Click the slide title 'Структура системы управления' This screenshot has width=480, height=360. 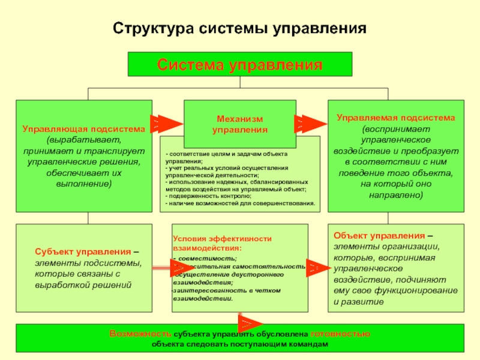[x=239, y=29]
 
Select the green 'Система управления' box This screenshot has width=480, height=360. [x=239, y=64]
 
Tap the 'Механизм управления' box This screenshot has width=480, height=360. [x=240, y=124]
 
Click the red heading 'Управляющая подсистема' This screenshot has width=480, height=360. [x=84, y=129]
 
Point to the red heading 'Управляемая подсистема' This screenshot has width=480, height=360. [x=395, y=118]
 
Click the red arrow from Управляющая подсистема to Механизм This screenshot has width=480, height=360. [x=168, y=124]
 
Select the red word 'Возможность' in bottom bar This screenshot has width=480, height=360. [x=141, y=333]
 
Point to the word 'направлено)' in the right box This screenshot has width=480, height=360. [x=395, y=196]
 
